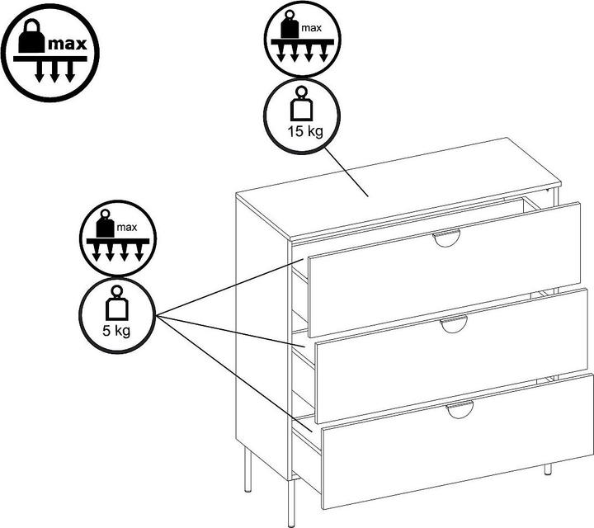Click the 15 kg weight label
(305, 131)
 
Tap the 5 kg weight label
(116, 331)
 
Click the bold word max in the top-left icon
(68, 44)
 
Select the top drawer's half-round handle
(446, 238)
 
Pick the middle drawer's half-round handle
(454, 324)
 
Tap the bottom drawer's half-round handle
(460, 409)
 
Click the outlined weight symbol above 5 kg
(117, 303)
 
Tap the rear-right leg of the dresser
(548, 469)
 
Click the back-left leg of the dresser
(247, 469)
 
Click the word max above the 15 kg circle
(311, 28)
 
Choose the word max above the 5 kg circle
(127, 227)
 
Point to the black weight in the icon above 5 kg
(106, 224)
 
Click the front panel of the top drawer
(445, 270)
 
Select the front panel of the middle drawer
(451, 356)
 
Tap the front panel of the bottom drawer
(458, 441)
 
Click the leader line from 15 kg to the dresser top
(346, 172)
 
